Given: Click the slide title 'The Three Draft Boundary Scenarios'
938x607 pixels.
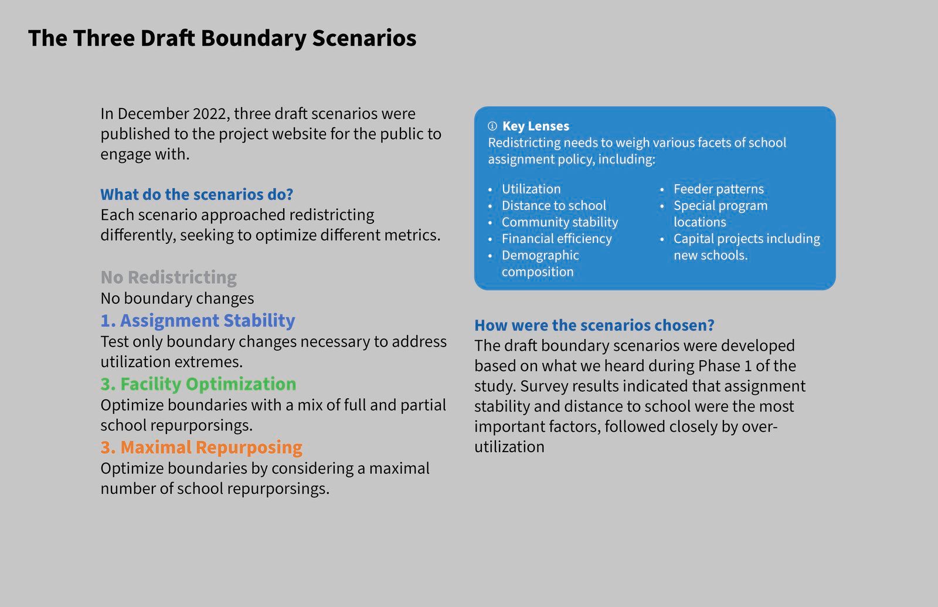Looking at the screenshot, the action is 222,39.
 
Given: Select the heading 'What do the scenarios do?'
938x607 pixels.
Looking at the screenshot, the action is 197,194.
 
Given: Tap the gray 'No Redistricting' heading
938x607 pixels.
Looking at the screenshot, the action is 169,277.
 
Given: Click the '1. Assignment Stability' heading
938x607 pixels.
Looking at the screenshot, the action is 198,320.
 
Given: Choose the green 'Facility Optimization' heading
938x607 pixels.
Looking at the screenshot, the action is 199,384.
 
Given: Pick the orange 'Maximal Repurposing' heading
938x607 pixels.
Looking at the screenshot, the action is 202,447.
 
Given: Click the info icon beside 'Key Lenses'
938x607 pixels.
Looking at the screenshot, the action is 492,126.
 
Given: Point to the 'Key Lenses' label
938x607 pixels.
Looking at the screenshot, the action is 536,126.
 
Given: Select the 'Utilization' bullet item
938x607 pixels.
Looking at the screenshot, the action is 531,189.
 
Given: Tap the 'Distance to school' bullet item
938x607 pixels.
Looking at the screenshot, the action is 553,205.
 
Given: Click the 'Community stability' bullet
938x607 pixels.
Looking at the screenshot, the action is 560,222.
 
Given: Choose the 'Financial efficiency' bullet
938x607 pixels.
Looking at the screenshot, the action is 556,238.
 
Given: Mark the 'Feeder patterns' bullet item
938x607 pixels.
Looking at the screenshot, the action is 719,189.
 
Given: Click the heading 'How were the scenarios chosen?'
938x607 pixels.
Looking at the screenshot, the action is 594,325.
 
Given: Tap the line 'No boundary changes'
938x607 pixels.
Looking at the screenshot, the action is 177,299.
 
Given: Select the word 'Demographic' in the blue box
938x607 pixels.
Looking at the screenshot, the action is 540,255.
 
